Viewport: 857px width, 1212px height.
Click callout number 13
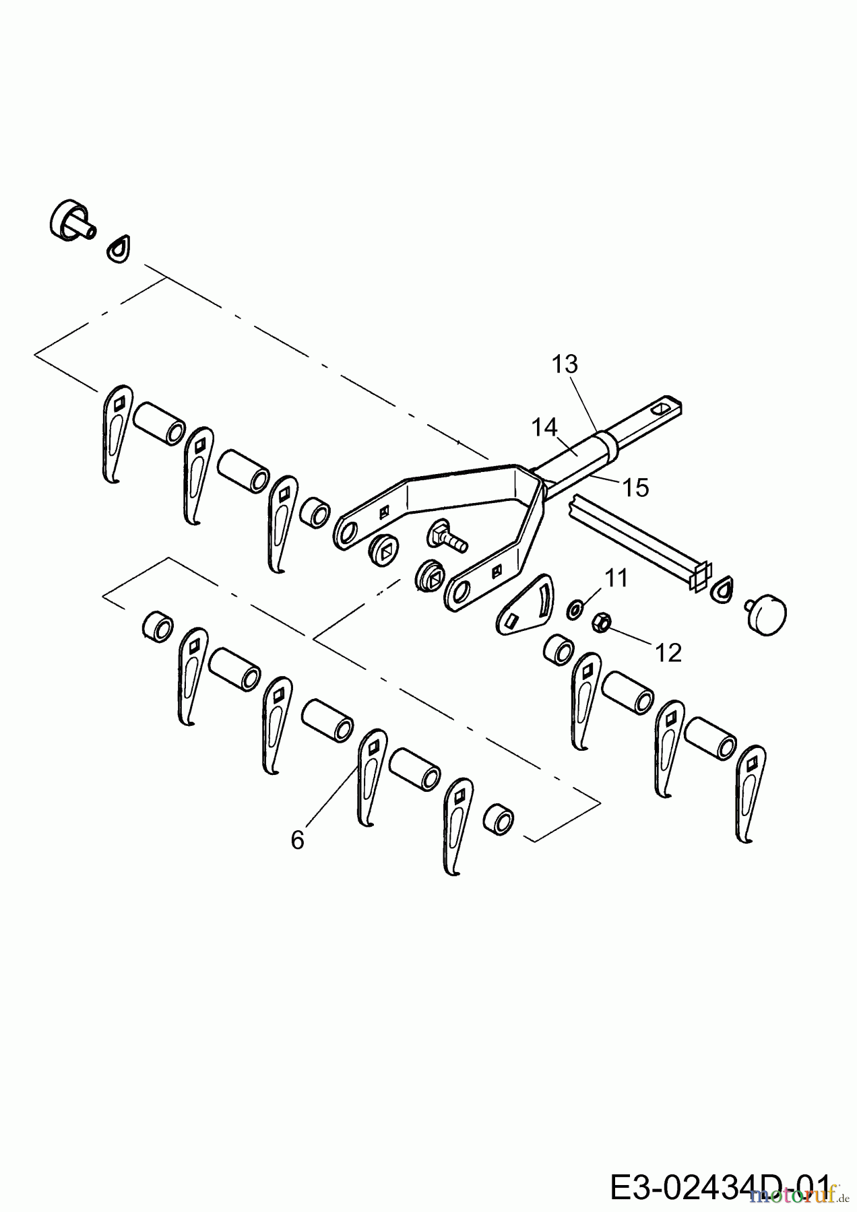click(565, 364)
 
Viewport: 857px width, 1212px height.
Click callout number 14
click(544, 427)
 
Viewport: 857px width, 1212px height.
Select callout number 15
click(635, 487)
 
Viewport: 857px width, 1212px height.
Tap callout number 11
click(616, 578)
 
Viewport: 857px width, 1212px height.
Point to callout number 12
click(668, 652)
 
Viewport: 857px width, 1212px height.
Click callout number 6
click(298, 840)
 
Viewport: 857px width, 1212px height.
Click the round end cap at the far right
click(768, 612)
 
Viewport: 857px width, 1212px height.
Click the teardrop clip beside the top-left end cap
click(119, 248)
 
